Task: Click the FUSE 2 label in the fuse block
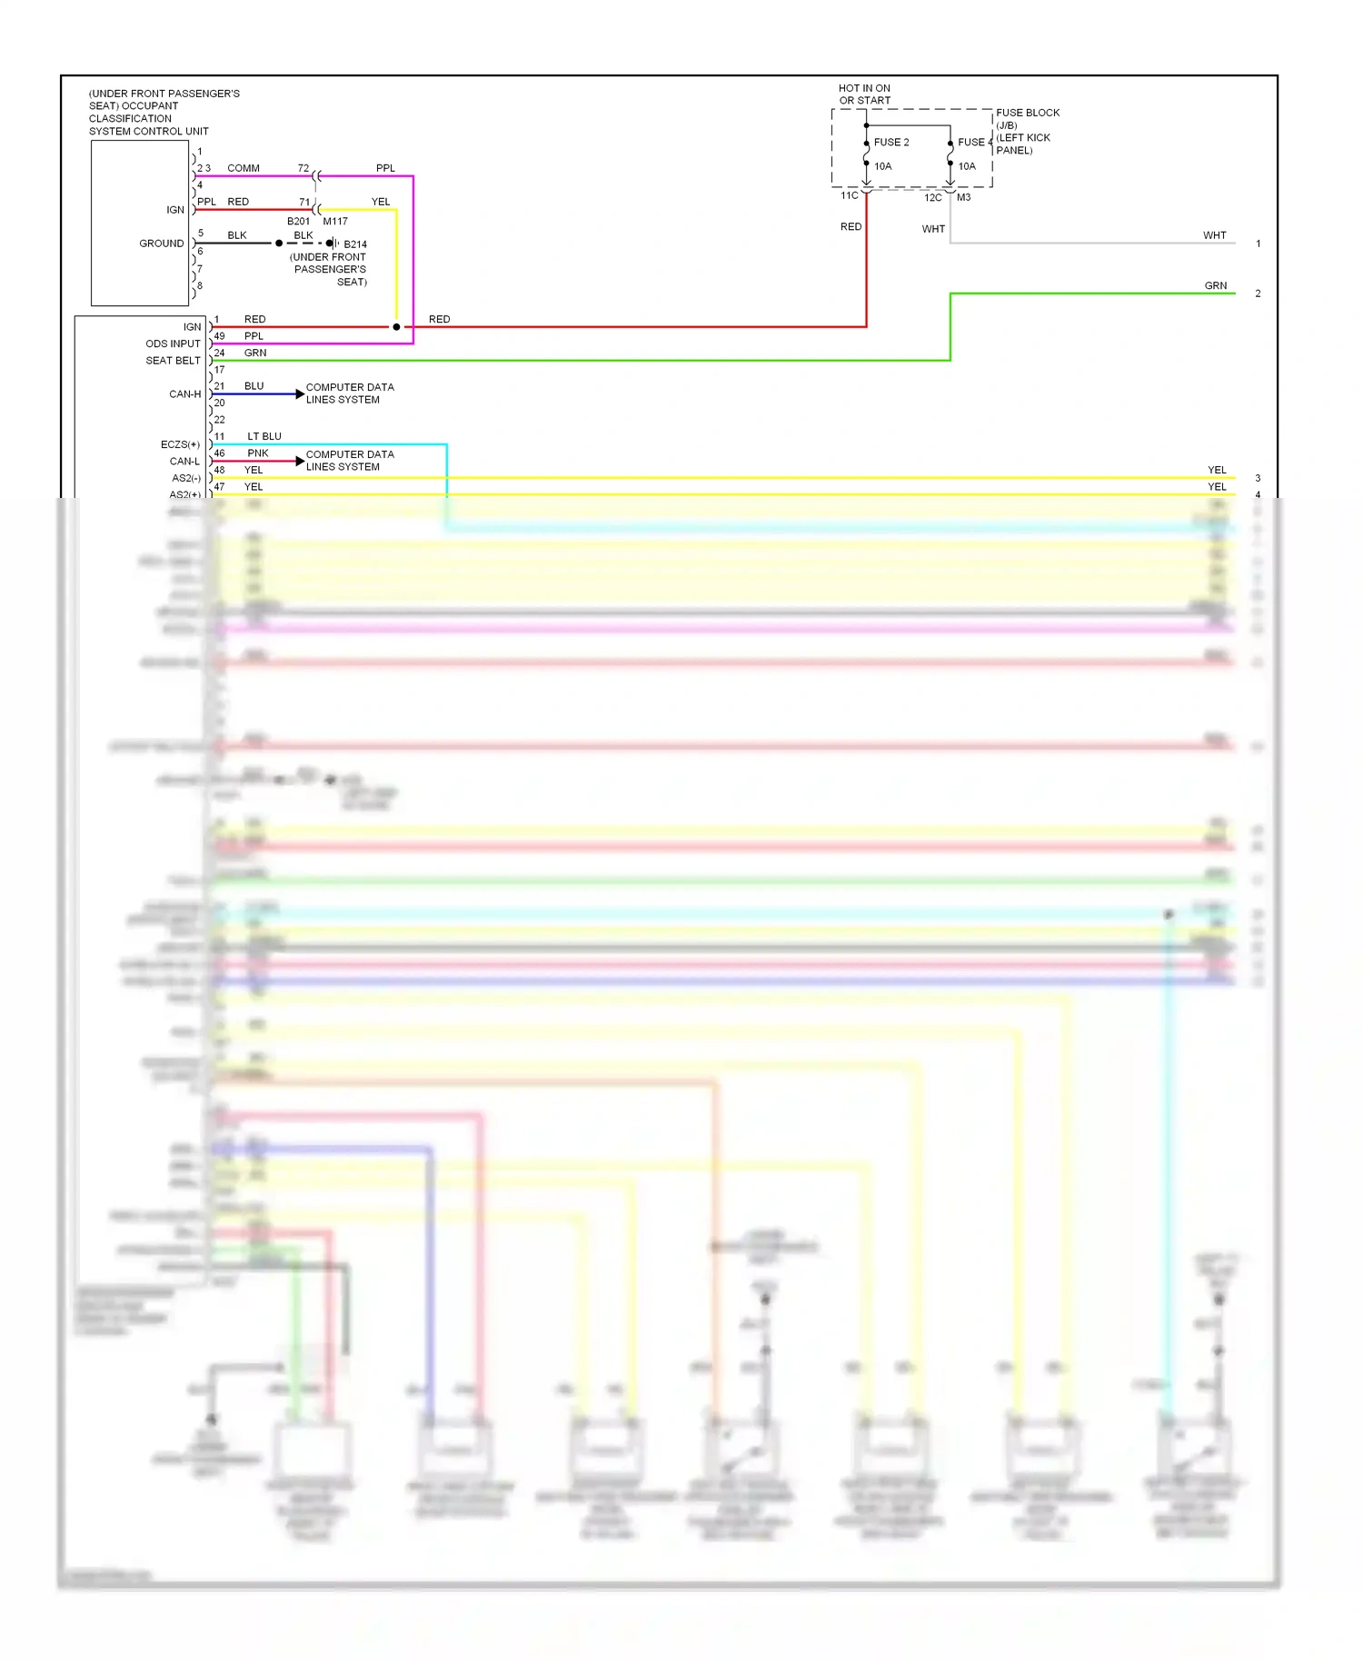(890, 143)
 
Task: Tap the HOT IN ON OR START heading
(864, 94)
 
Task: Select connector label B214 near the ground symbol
(355, 244)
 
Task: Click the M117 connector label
(335, 222)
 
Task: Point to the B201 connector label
(298, 222)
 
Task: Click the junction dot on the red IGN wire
(396, 327)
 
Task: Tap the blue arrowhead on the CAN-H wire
(300, 394)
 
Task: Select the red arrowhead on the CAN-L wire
(300, 462)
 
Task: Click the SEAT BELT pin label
(173, 361)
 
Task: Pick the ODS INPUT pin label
(173, 344)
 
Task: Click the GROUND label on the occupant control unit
(161, 244)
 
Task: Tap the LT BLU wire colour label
(264, 437)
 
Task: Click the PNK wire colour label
(258, 453)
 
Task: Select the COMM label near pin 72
(243, 169)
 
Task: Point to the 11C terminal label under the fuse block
(849, 196)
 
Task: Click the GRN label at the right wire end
(1215, 286)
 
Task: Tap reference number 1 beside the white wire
(1258, 244)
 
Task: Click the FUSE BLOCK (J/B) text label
(1027, 118)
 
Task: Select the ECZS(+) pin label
(180, 445)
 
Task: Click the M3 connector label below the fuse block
(963, 198)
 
